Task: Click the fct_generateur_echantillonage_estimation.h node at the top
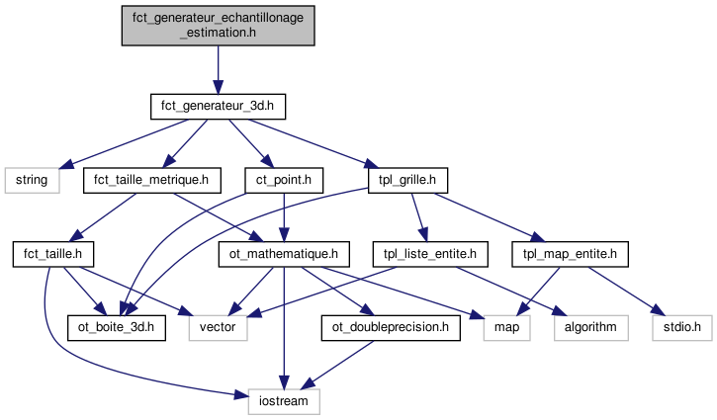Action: click(218, 25)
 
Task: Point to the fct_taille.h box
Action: click(51, 254)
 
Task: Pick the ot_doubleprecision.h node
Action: click(392, 327)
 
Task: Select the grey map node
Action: click(507, 327)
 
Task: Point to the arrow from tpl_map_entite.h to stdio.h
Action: click(626, 291)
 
